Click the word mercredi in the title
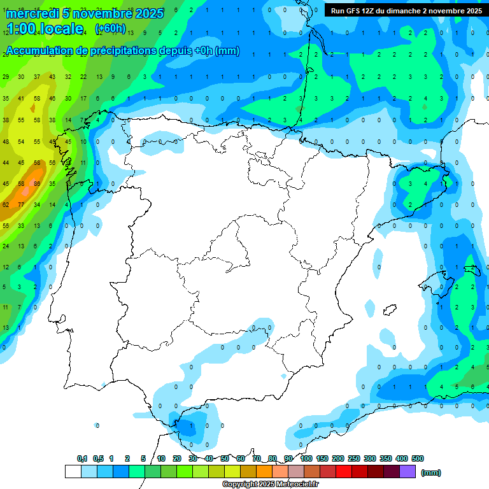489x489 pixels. tap(31, 13)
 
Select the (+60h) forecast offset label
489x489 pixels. tap(110, 29)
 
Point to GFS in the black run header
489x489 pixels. tap(354, 11)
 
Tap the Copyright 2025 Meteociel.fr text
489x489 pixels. tap(270, 485)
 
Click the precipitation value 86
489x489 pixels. tap(37, 183)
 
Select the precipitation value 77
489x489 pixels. tap(21, 205)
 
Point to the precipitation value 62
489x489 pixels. tap(6, 205)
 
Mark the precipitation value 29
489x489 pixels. tap(6, 77)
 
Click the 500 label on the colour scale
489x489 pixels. tap(418, 458)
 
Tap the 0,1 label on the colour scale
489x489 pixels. tap(82, 458)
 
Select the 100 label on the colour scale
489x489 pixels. tap(306, 458)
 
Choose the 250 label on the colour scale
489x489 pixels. tap(354, 458)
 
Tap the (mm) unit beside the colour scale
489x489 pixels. tap(431, 472)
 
